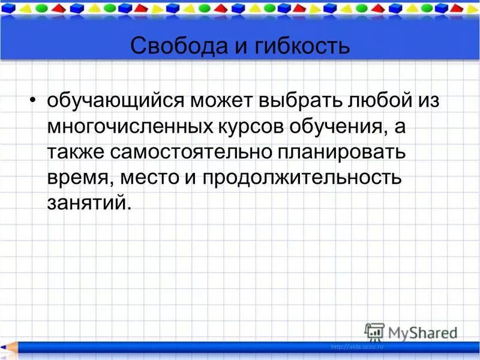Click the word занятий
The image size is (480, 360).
[88, 203]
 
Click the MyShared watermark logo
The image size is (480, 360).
[411, 332]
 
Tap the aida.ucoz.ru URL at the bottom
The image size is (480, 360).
[356, 347]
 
